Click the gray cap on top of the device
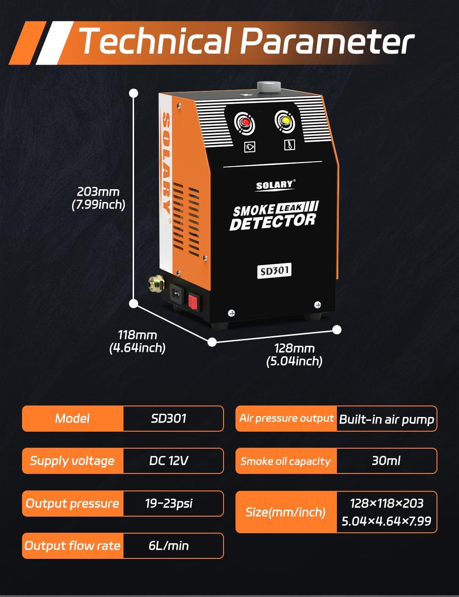coord(269,86)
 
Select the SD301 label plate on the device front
coord(274,270)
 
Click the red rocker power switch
coord(193,301)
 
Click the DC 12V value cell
coord(169,461)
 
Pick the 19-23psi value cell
coord(169,503)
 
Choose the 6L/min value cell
coord(169,546)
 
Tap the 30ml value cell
coord(386,461)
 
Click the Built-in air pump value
coord(386,419)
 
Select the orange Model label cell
coord(73,418)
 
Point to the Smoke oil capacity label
coord(285,461)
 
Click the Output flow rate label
coord(73,546)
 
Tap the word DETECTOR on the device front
coord(273,222)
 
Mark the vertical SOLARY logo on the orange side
coord(167,163)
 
